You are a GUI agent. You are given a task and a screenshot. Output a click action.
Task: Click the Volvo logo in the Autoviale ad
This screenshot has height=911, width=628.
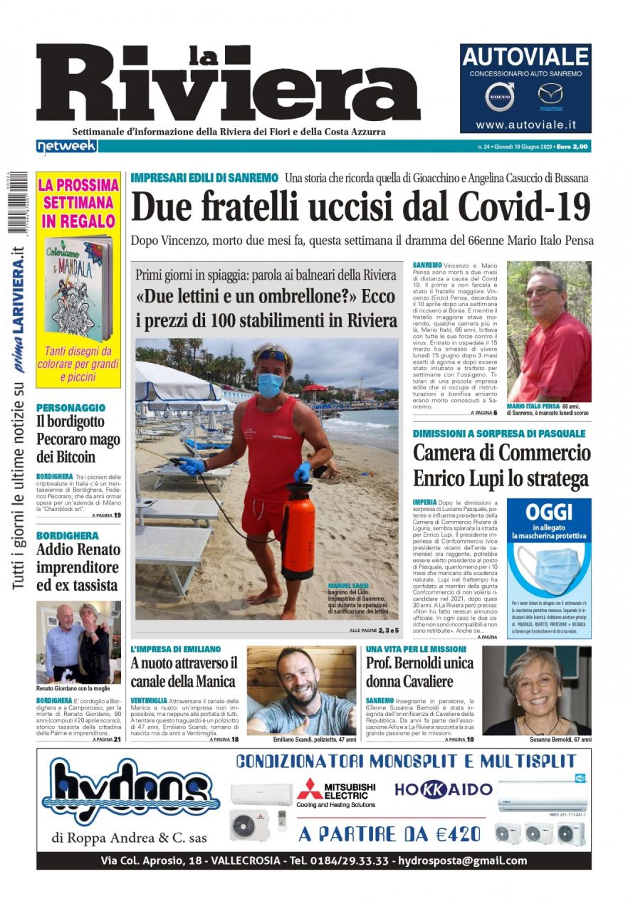(500, 97)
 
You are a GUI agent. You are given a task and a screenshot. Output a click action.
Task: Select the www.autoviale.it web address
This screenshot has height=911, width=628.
(525, 125)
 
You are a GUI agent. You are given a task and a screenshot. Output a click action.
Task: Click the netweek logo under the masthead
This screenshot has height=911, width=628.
(66, 146)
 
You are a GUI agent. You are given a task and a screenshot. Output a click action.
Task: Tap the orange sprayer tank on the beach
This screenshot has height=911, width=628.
(298, 530)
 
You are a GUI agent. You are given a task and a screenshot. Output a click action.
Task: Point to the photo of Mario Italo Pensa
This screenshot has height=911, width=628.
(549, 332)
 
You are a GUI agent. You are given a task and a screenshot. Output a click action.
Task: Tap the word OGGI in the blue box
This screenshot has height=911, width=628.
(548, 512)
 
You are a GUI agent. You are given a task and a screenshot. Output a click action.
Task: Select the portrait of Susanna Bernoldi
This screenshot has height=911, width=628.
(537, 690)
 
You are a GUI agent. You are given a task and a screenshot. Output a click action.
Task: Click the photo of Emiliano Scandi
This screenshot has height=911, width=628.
(301, 690)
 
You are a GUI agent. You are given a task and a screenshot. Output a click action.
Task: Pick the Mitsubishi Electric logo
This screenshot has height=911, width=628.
(336, 792)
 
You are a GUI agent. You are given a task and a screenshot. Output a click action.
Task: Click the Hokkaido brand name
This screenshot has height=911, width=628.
(444, 789)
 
